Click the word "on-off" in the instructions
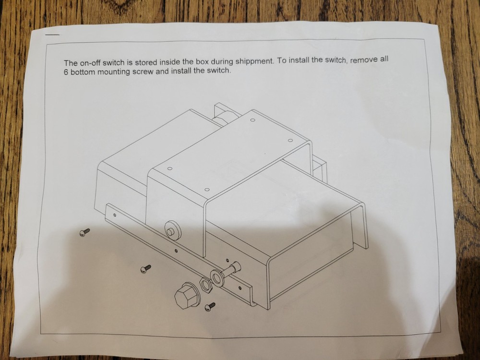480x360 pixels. point(90,63)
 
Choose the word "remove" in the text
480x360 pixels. point(363,60)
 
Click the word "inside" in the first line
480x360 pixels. point(169,62)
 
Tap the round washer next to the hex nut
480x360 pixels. point(216,278)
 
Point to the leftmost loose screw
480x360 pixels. point(84,232)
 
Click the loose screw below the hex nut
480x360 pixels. point(211,306)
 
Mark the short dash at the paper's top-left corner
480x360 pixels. point(52,34)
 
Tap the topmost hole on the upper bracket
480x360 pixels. point(252,120)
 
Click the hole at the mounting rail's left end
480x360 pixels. point(115,215)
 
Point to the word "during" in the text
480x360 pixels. point(222,62)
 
